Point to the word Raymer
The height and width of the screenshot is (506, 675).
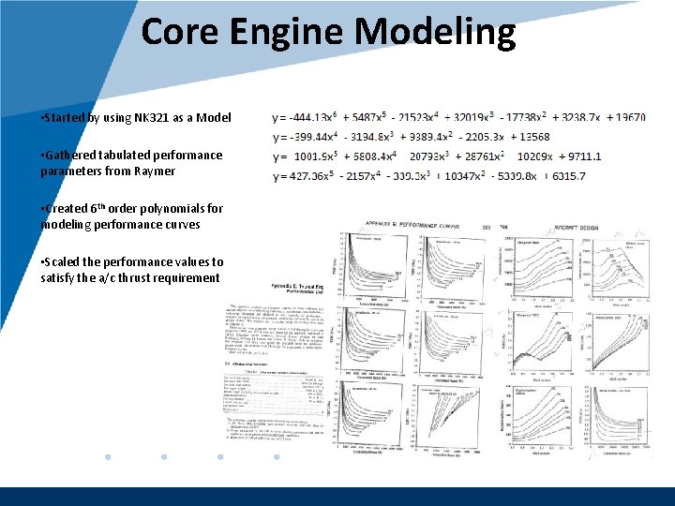click(153, 171)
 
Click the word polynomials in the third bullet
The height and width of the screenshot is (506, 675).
click(174, 208)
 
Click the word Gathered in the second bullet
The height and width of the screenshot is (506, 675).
click(69, 155)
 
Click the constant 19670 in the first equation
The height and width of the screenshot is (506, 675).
click(625, 118)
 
